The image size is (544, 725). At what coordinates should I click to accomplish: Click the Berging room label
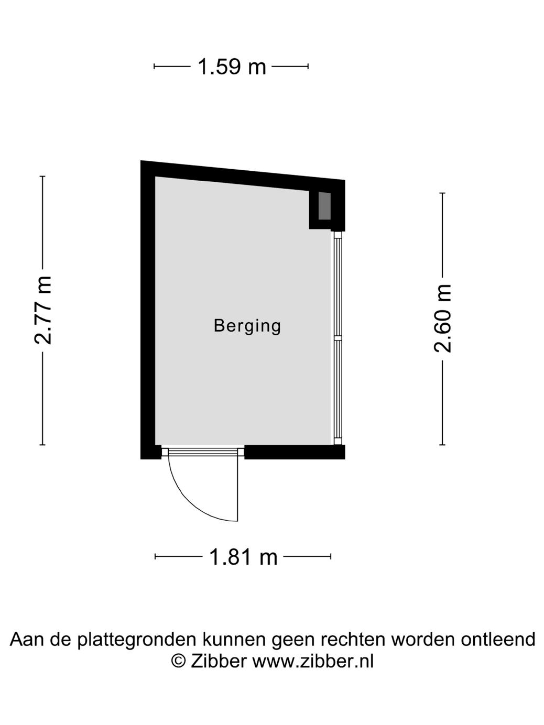coord(247,326)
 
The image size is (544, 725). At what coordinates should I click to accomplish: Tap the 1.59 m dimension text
coord(232,67)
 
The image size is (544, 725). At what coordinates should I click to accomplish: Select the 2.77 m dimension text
coord(43,310)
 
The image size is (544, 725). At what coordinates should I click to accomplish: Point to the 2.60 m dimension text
coord(443,318)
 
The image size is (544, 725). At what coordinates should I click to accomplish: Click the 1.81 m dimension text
coord(243,557)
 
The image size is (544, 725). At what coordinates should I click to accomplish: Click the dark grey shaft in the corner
coord(325,206)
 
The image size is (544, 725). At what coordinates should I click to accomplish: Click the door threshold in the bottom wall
coord(203,451)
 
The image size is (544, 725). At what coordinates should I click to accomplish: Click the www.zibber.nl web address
coord(313,661)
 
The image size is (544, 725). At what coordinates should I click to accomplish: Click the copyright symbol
coord(179,661)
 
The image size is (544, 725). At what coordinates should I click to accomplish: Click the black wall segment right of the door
coord(293,452)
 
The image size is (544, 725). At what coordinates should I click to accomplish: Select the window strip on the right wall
coord(338,338)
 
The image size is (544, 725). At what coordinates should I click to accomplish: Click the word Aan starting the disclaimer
coord(26,639)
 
